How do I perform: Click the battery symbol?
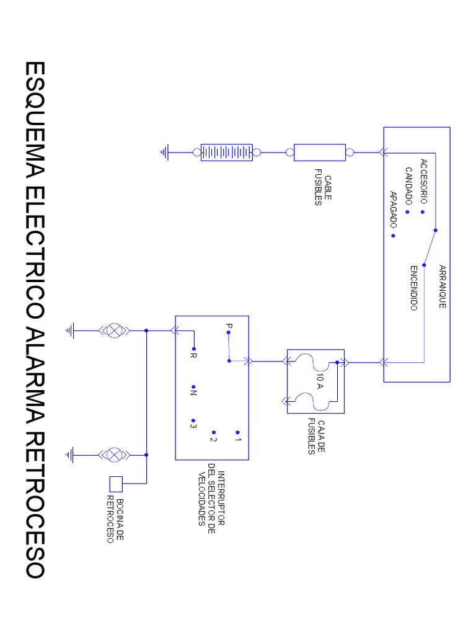pos(227,153)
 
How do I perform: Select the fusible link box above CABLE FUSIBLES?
pos(320,153)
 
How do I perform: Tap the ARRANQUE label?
pos(443,286)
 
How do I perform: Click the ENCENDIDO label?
pos(413,288)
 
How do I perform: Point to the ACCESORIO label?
pos(424,181)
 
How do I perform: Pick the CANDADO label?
pos(409,186)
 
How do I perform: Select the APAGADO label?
pos(393,209)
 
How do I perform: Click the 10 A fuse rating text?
pos(320,381)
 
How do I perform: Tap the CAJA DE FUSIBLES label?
pos(316,437)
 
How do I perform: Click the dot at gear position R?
pos(194,349)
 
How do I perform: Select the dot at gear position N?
pos(193,387)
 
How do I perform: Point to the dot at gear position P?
pos(228,332)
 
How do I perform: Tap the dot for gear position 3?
pos(193,421)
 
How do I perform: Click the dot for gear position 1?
pos(237,432)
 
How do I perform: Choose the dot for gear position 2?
pos(214,432)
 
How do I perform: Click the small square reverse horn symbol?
pos(116,484)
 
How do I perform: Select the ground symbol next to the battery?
pos(164,153)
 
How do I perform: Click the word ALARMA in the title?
pos(35,376)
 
